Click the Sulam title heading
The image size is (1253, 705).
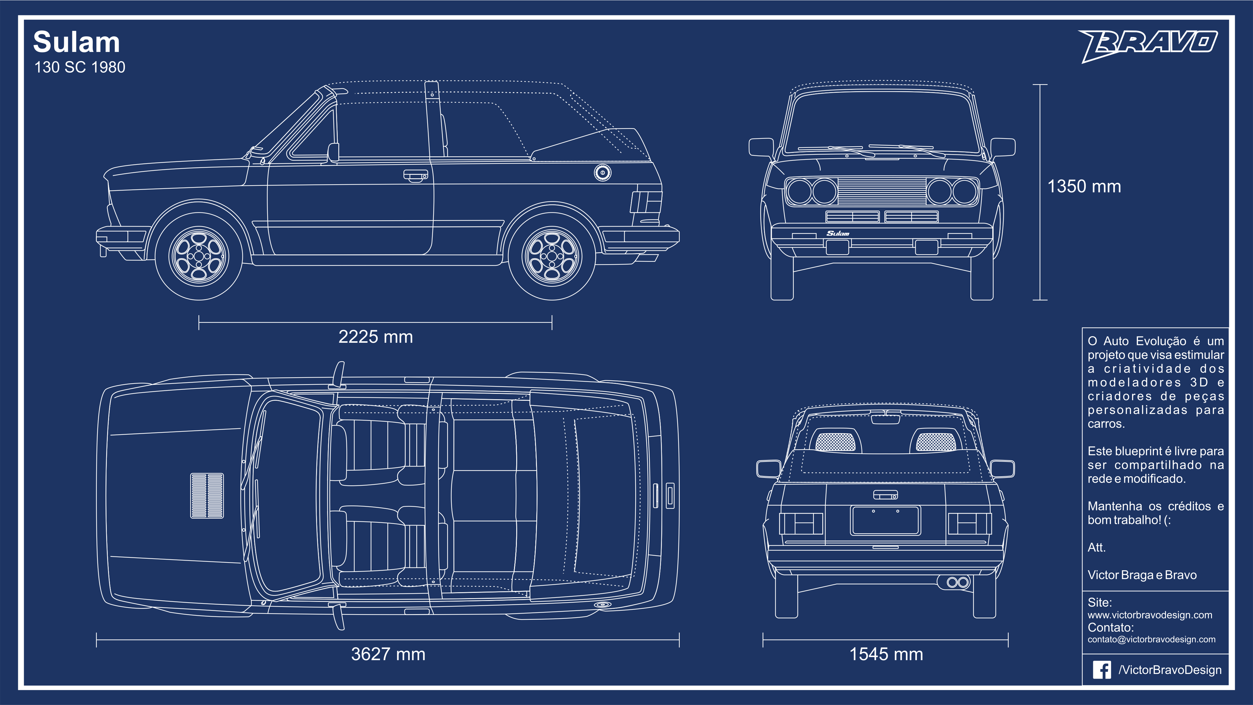click(76, 42)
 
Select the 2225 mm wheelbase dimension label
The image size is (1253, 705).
click(376, 337)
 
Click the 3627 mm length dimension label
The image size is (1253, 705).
click(388, 654)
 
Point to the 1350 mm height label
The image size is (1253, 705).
click(1084, 186)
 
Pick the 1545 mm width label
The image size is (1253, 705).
click(886, 654)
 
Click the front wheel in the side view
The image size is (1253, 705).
click(199, 256)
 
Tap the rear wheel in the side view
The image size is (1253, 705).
click(552, 256)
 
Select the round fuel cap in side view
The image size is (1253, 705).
click(603, 173)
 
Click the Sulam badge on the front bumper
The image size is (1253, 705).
click(838, 233)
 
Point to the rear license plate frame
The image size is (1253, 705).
click(885, 520)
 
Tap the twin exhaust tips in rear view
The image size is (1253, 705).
click(958, 582)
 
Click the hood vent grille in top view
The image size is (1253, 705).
click(207, 495)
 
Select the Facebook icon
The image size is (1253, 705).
click(1102, 670)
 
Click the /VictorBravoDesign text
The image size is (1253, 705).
click(1170, 670)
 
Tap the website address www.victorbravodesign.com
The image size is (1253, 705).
click(1150, 615)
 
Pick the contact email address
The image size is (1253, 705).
click(1151, 639)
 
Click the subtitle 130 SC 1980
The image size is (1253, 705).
click(80, 67)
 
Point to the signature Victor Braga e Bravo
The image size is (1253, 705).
click(1142, 575)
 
